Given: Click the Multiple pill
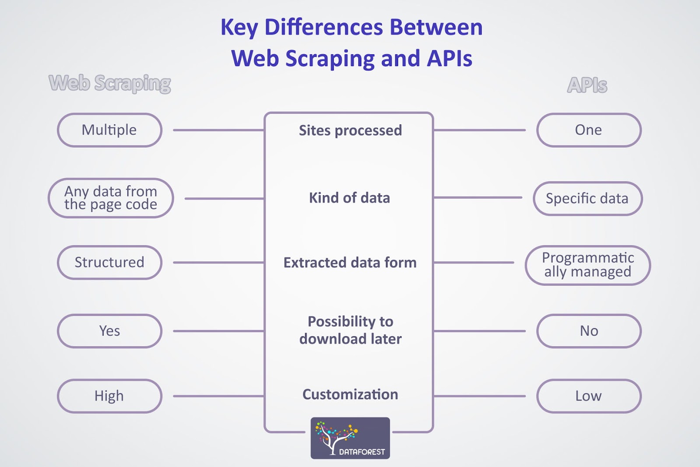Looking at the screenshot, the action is point(110,130).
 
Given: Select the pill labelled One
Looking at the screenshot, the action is point(589,130).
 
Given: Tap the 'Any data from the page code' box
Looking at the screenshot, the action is point(111,198).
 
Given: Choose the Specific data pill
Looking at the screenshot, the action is point(588,199).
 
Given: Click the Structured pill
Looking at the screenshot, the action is point(110,263).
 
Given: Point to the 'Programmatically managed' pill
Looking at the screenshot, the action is point(588,265).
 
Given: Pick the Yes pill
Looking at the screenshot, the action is point(110,331).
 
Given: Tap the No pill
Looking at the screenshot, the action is point(589,331).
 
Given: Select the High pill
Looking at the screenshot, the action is point(110,396).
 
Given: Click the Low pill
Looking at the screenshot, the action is point(589,396).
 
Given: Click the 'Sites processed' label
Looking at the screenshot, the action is point(350,130).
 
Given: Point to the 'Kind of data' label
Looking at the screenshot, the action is point(350,198).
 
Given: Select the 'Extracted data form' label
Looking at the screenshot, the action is point(350,263).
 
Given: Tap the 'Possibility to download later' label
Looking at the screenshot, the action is point(350,330).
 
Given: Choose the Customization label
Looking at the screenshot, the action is point(350,394).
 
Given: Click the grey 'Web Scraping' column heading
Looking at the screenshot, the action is point(110,84).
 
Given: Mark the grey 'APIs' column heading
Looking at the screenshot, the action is point(587,85).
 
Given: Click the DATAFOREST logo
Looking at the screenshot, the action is point(350,438).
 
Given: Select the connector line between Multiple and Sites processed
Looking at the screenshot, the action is point(219,130).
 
